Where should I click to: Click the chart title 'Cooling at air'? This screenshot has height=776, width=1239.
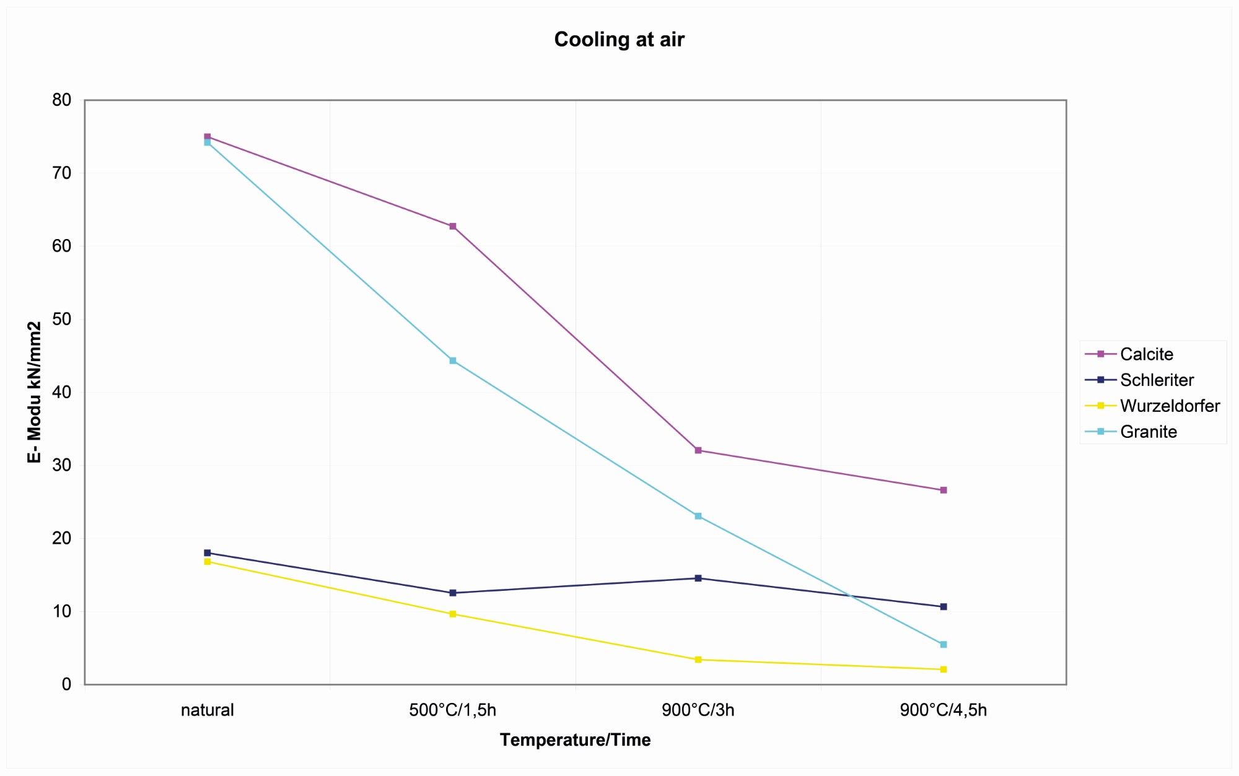point(619,40)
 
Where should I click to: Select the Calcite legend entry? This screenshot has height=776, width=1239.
point(1146,354)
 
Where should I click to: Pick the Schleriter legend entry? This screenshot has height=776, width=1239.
point(1156,380)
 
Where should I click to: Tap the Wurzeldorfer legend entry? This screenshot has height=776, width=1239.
point(1170,406)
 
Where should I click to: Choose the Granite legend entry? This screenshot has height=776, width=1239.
point(1148,432)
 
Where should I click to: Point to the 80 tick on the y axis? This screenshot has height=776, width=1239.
point(62,100)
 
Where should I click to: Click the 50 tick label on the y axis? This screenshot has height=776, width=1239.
point(62,320)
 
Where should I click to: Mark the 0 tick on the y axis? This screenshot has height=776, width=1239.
point(66,684)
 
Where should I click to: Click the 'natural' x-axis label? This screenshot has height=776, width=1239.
point(207,710)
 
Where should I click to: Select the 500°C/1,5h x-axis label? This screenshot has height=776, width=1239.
point(452,710)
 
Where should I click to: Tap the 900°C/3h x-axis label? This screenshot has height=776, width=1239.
point(698,710)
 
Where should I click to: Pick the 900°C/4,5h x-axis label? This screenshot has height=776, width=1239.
point(943,710)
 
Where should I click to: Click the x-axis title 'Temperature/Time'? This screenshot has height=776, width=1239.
point(575,740)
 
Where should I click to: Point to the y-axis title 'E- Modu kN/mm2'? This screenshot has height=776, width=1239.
point(35,392)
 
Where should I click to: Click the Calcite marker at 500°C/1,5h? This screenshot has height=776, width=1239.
point(453,227)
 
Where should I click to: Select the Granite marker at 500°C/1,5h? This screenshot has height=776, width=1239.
point(453,360)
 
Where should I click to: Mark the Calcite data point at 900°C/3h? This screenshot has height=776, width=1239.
point(698,450)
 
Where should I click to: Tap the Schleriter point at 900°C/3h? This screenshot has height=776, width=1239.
point(698,578)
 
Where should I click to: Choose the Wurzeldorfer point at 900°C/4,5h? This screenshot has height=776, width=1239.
point(943,669)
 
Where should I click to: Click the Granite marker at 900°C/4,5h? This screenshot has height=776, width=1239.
point(943,645)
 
